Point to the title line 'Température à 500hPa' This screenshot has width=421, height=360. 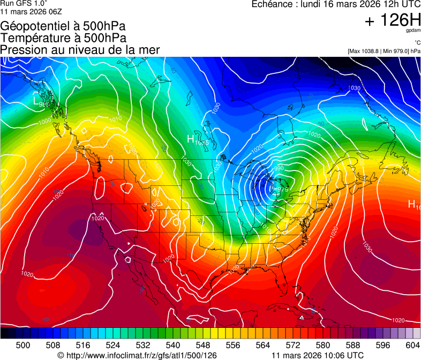63,38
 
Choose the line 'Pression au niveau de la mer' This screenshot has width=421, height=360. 80,50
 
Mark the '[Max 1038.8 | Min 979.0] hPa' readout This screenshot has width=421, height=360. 384,51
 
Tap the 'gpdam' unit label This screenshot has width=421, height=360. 412,31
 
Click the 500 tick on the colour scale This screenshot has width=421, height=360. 23,345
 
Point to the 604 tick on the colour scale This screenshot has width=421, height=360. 412,345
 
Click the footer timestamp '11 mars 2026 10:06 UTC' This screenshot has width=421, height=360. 318,355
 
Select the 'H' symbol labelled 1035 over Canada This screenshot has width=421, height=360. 190,139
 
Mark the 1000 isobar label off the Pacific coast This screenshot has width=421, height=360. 45,122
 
